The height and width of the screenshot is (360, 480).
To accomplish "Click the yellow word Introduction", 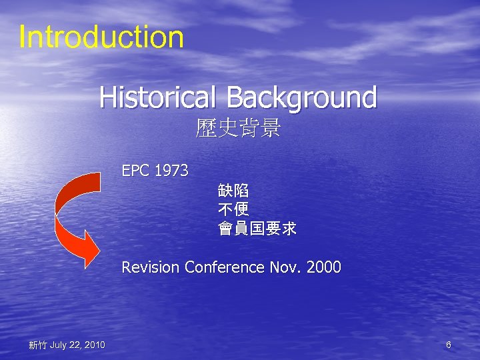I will click(101, 37).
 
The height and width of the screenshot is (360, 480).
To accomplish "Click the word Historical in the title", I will click(157, 97).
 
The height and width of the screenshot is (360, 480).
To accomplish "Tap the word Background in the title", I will click(301, 97).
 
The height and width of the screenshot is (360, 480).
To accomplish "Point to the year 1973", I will click(171, 171).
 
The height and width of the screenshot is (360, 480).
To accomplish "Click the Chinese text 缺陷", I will click(233, 190).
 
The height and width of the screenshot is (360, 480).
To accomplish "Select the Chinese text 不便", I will click(233, 209).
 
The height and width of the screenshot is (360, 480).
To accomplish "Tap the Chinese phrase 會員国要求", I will click(257, 229).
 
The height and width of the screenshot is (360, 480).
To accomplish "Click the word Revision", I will click(151, 267).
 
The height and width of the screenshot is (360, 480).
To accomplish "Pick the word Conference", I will click(225, 267).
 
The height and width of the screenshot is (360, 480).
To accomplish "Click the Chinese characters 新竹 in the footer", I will click(37, 345).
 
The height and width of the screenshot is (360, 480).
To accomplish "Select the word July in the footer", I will click(59, 345).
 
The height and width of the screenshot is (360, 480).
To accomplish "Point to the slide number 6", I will click(449, 345).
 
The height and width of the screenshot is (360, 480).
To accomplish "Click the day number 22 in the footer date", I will click(75, 345).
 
